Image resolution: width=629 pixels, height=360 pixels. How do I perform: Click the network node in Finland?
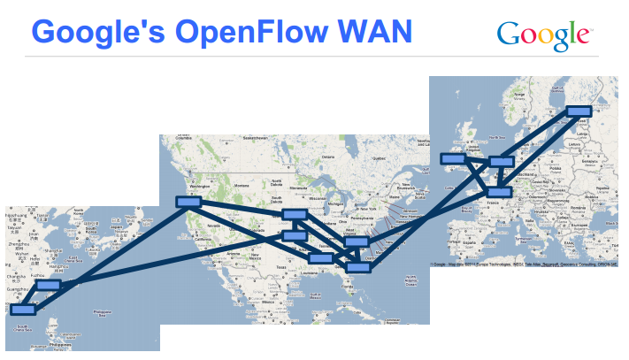coord(578,111)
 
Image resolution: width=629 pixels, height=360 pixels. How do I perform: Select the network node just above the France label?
coord(499,191)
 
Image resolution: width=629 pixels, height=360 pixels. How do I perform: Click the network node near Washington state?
coord(188,202)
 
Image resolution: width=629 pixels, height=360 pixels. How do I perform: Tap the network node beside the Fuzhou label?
coord(50,286)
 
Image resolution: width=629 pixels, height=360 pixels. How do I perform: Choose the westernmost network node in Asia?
coord(23,310)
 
